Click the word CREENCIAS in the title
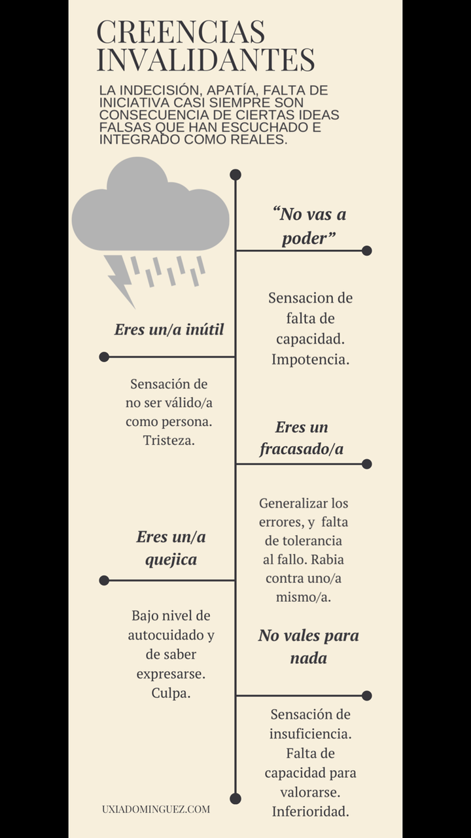coord(181,32)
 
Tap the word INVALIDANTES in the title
coord(206,60)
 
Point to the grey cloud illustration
coord(150,204)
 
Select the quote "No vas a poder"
coord(309,226)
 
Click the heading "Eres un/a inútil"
coord(169,330)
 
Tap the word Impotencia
coord(310,360)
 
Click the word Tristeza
coord(169,440)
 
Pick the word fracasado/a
coord(302,449)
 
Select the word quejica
coord(171,560)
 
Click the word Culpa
coord(171,693)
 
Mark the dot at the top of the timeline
coord(235,175)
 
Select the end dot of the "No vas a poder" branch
coord(367,251)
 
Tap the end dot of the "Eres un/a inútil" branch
coord(104,357)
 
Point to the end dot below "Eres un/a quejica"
coord(104,580)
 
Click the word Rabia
coord(328,560)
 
